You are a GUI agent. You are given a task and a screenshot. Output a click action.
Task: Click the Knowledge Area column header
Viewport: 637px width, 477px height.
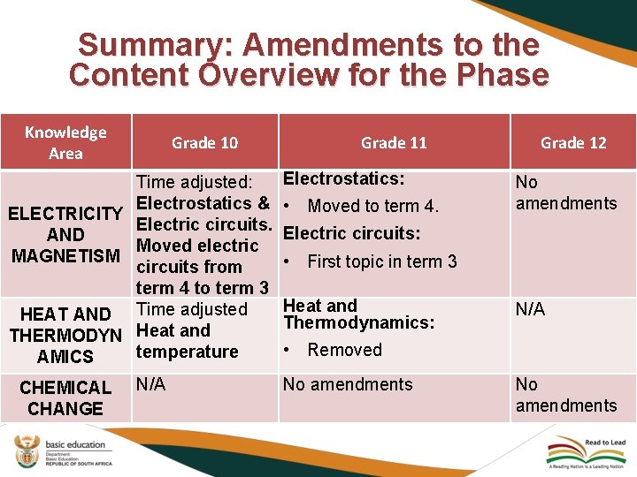tap(65, 142)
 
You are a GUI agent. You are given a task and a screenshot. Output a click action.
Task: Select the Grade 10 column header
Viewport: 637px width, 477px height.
tap(204, 142)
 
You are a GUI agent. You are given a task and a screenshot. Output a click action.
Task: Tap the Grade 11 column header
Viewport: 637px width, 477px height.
tap(394, 142)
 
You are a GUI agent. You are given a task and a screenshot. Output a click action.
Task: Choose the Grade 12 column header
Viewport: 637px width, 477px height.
tap(573, 142)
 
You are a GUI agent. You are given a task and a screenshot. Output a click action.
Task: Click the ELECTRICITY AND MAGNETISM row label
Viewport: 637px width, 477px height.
tap(65, 235)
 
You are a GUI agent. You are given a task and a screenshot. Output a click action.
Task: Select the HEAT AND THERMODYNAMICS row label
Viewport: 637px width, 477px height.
tap(65, 336)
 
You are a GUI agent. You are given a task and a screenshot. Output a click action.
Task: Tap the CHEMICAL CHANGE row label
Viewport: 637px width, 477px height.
tap(65, 397)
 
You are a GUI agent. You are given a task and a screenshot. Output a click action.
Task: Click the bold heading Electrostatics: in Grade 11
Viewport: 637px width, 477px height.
tap(344, 178)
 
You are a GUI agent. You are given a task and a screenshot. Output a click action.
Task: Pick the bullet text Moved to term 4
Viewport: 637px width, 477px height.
tap(372, 207)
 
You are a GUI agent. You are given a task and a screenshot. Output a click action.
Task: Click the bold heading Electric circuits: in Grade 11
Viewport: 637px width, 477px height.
tap(351, 234)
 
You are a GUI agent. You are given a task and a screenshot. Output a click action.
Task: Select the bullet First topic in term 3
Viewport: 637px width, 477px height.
tap(381, 261)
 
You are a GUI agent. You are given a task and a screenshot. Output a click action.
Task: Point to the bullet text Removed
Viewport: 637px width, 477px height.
tap(344, 350)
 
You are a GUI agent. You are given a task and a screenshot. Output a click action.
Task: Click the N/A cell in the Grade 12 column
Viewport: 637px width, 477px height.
tap(530, 309)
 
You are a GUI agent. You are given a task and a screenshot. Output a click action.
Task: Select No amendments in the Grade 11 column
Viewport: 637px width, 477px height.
tap(347, 384)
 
